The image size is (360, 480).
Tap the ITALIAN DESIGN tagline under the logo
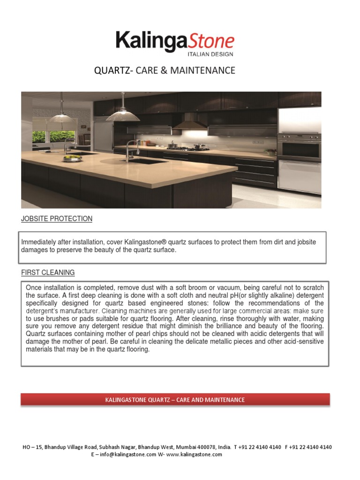(210, 54)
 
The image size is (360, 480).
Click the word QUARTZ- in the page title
(114, 71)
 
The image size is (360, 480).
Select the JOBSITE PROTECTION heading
(57, 219)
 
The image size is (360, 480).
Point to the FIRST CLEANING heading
(48, 272)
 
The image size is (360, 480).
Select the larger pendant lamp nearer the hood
(123, 112)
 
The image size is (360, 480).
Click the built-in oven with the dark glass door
(299, 147)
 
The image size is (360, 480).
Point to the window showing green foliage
(53, 136)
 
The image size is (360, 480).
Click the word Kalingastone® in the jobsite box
(146, 242)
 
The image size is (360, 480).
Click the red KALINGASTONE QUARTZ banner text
(175, 400)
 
